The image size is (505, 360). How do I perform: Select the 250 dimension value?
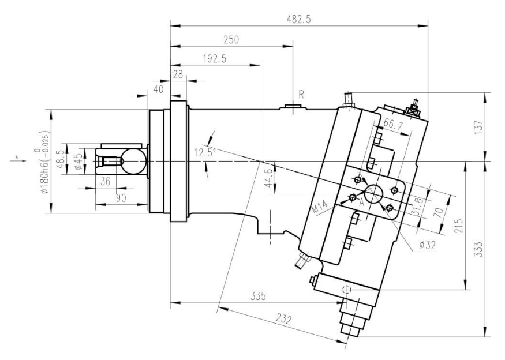click(x=231, y=40)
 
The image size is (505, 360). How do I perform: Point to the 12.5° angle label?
click(x=204, y=152)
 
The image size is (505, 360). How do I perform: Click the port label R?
click(x=301, y=93)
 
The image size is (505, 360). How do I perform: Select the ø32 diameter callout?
click(x=428, y=245)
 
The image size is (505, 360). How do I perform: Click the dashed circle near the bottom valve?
click(x=346, y=290)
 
